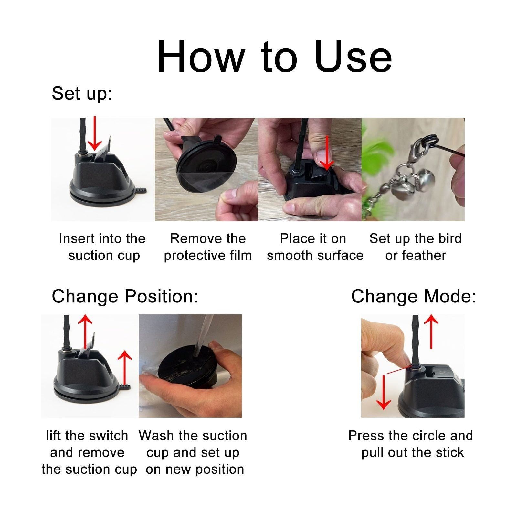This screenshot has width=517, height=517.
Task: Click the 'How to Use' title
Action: [x=274, y=56]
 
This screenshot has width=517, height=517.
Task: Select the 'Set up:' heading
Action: [x=82, y=94]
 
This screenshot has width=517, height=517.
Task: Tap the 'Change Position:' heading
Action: [x=125, y=296]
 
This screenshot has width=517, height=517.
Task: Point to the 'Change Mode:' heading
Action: [x=414, y=296]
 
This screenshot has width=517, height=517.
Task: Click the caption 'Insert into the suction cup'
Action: [x=102, y=247]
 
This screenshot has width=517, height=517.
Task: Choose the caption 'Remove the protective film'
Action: [x=208, y=247]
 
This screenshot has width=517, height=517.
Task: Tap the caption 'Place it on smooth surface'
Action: [x=315, y=247]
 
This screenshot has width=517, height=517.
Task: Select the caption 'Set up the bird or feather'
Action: [x=416, y=247]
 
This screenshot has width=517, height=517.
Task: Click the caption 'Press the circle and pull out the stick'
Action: [x=411, y=444]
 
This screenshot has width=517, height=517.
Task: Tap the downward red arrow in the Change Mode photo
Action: [x=384, y=392]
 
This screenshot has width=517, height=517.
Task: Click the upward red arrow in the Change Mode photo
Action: [x=431, y=332]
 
